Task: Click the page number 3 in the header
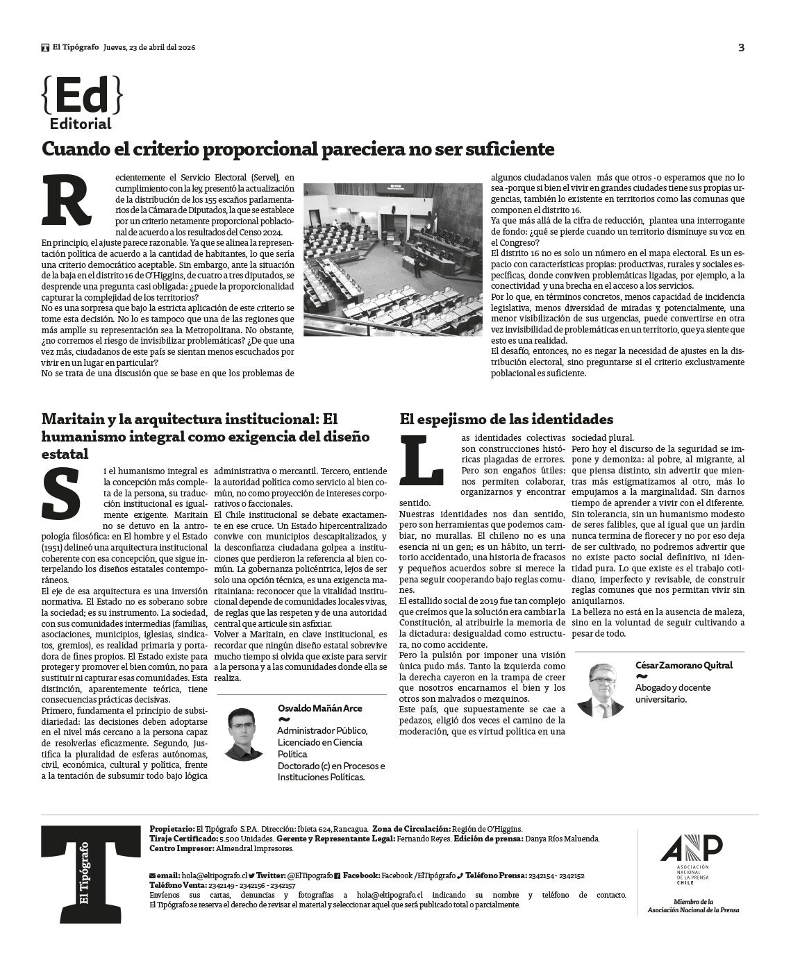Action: click(741, 48)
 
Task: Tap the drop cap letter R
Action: click(67, 201)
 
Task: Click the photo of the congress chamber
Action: click(392, 260)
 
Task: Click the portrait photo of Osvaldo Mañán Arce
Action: click(242, 733)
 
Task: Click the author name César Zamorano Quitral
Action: click(683, 665)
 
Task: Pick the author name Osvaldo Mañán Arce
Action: click(319, 708)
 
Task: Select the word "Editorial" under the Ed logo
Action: click(81, 124)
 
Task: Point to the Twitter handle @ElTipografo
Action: click(309, 876)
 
